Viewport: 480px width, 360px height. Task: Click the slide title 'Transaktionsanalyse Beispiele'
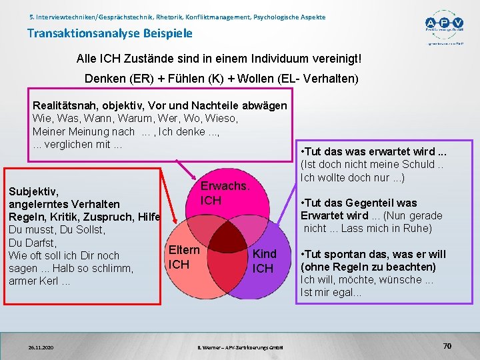click(x=109, y=33)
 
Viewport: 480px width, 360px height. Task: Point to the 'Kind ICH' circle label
click(x=264, y=261)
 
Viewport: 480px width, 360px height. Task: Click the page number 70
click(x=447, y=346)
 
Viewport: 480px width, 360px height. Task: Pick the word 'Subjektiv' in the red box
click(x=31, y=191)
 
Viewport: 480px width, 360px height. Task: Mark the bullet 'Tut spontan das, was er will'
click(x=373, y=254)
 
